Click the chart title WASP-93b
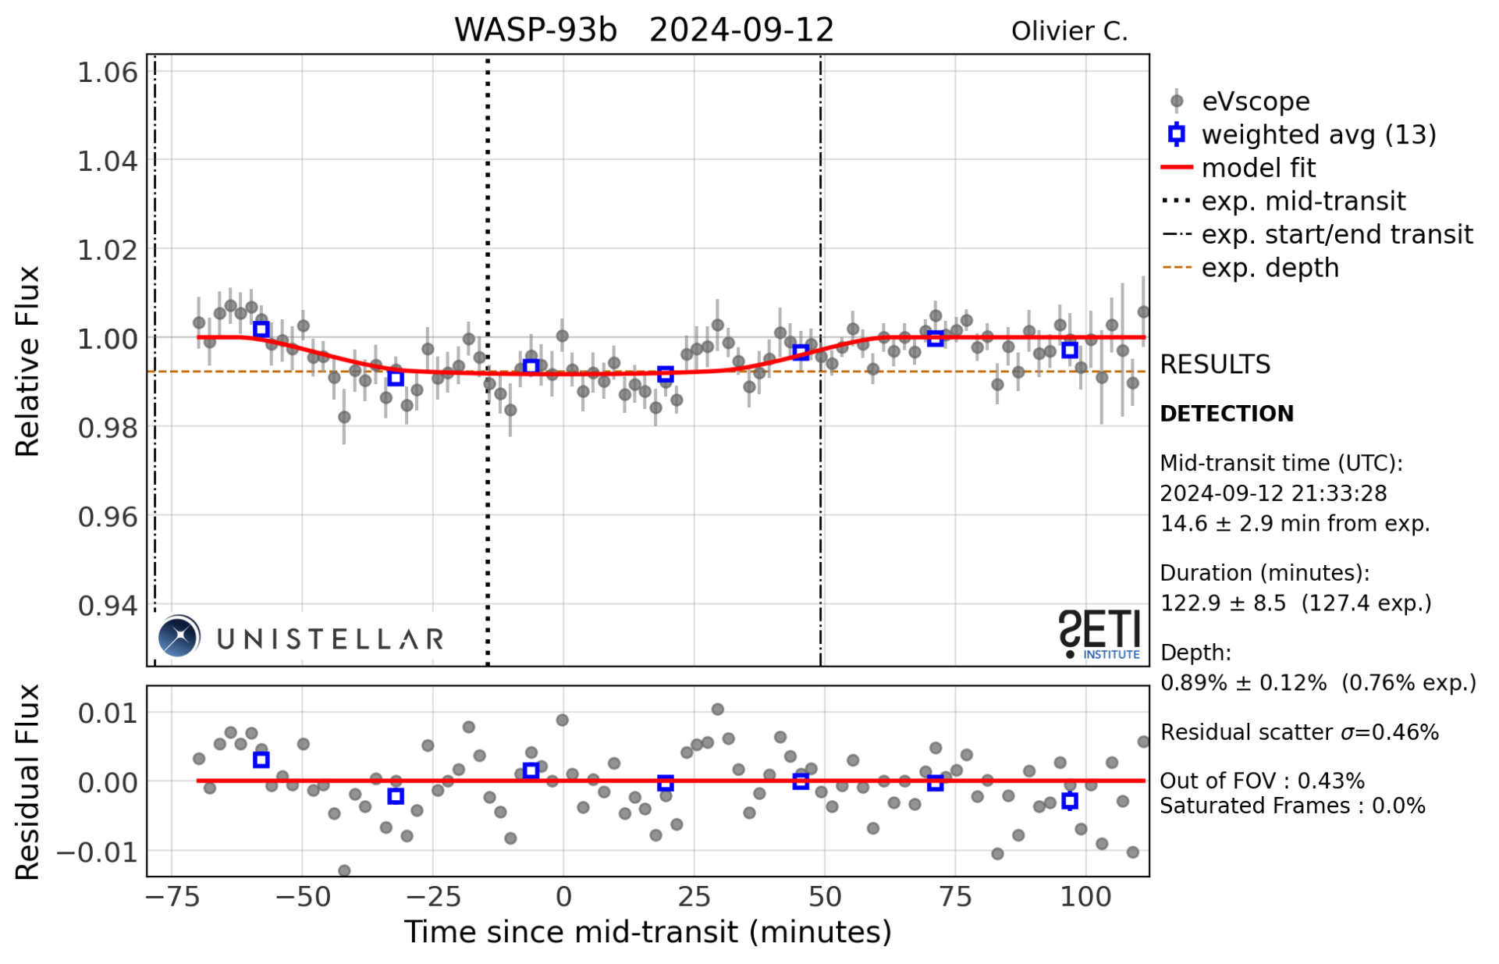click(x=535, y=30)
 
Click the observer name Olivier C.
click(x=1069, y=31)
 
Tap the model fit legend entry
click(x=1258, y=168)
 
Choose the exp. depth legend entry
click(x=1270, y=268)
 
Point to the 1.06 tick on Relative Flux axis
click(x=108, y=73)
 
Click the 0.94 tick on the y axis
click(x=108, y=605)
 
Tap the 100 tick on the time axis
click(x=1085, y=897)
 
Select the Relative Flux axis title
click(x=28, y=361)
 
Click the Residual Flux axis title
click(x=28, y=782)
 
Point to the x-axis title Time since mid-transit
click(x=647, y=932)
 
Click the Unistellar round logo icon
click(x=179, y=636)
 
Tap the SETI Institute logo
click(x=1099, y=634)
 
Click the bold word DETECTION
click(x=1227, y=414)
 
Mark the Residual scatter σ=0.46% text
click(x=1299, y=732)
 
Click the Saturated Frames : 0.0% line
click(x=1292, y=806)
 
